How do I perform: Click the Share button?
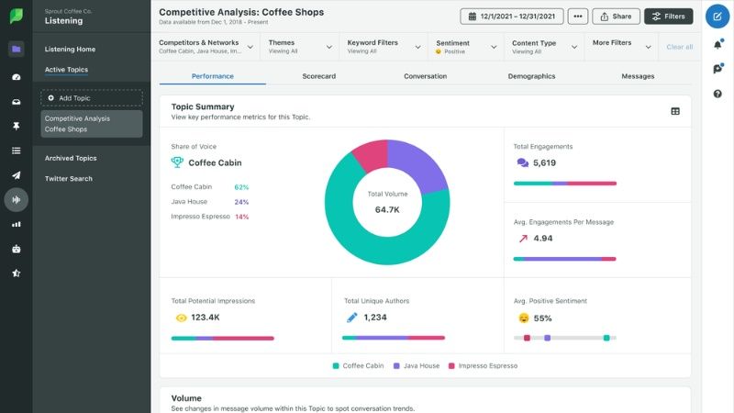point(616,17)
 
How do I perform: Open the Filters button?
point(669,17)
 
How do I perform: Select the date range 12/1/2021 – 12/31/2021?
point(512,17)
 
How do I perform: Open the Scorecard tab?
point(318,76)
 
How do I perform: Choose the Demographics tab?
point(531,76)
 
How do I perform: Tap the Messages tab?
point(638,76)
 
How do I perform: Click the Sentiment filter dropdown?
point(466,47)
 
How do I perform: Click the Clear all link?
point(679,47)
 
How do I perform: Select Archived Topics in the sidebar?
point(71,158)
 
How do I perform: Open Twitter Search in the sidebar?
point(68,178)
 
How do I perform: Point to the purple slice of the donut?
point(416,163)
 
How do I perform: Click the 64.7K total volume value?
point(387,210)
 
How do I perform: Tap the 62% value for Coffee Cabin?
point(241,187)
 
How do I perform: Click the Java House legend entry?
point(417,365)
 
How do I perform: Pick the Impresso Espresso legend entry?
point(483,365)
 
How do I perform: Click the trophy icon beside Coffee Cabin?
point(177,162)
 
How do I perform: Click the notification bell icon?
point(717,44)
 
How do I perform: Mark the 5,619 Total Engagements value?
point(544,163)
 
